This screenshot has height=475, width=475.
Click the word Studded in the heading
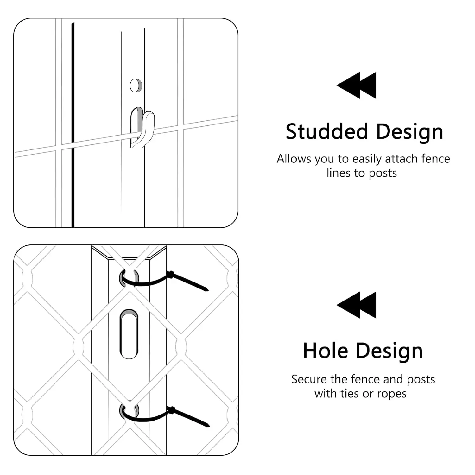(327, 131)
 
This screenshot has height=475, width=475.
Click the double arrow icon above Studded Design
(357, 85)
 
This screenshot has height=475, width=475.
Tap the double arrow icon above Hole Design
(357, 305)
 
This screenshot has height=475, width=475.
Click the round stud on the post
(136, 85)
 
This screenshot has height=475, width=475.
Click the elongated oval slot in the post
(129, 334)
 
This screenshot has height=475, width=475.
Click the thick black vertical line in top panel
(73, 125)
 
